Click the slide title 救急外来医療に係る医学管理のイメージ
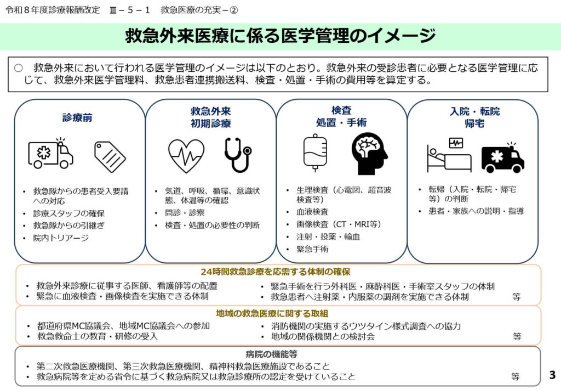280,36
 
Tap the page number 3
551,375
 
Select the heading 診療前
77,117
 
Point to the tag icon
110,156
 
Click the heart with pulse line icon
186,155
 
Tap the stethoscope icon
238,155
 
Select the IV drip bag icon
315,153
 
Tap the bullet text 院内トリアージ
61,238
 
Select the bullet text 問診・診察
185,213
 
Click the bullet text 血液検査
312,211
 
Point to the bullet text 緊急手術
312,249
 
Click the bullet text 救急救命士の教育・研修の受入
97,336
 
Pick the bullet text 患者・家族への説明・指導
476,211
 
